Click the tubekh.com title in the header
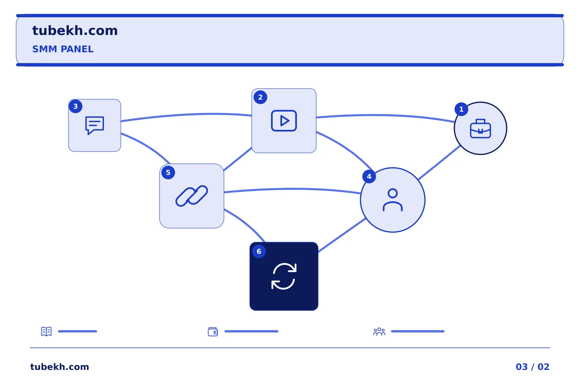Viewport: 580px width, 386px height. click(75, 31)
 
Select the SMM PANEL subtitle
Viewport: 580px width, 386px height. click(63, 49)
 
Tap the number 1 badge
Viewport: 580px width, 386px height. click(461, 109)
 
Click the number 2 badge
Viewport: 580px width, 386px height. click(260, 97)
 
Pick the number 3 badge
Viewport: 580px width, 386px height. click(75, 106)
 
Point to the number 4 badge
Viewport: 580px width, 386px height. click(369, 177)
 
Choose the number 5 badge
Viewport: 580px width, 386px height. click(168, 172)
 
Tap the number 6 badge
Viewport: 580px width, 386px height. click(259, 251)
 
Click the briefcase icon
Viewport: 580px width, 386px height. click(480, 129)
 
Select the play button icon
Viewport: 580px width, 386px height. click(284, 121)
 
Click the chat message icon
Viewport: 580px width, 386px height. click(95, 125)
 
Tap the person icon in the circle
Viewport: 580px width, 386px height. click(393, 200)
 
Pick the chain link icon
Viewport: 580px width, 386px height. click(192, 196)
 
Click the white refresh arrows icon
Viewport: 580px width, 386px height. click(284, 276)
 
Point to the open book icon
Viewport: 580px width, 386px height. click(46, 331)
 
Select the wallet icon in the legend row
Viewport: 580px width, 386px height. click(213, 332)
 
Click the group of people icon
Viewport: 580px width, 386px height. click(379, 331)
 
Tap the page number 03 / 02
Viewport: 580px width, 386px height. click(532, 367)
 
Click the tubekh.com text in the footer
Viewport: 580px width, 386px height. click(60, 367)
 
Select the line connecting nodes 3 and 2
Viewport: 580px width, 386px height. click(186, 115)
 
